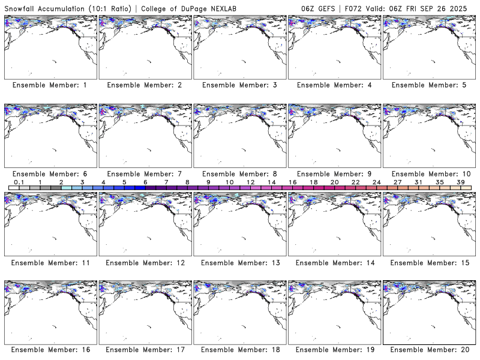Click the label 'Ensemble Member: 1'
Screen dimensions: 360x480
click(x=49, y=85)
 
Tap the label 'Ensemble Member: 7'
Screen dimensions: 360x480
click(x=144, y=174)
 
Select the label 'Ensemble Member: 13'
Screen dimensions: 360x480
click(x=239, y=263)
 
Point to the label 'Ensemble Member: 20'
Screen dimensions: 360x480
click(x=429, y=350)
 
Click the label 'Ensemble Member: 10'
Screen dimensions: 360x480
click(x=429, y=174)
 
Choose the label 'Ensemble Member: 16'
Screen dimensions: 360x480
click(x=49, y=350)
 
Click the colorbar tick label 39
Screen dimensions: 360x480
click(x=460, y=182)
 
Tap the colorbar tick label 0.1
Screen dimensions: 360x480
click(x=19, y=182)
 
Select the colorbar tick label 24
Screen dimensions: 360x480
click(x=376, y=182)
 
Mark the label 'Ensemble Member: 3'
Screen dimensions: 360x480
click(x=239, y=85)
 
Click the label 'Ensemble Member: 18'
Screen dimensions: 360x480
click(x=239, y=350)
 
